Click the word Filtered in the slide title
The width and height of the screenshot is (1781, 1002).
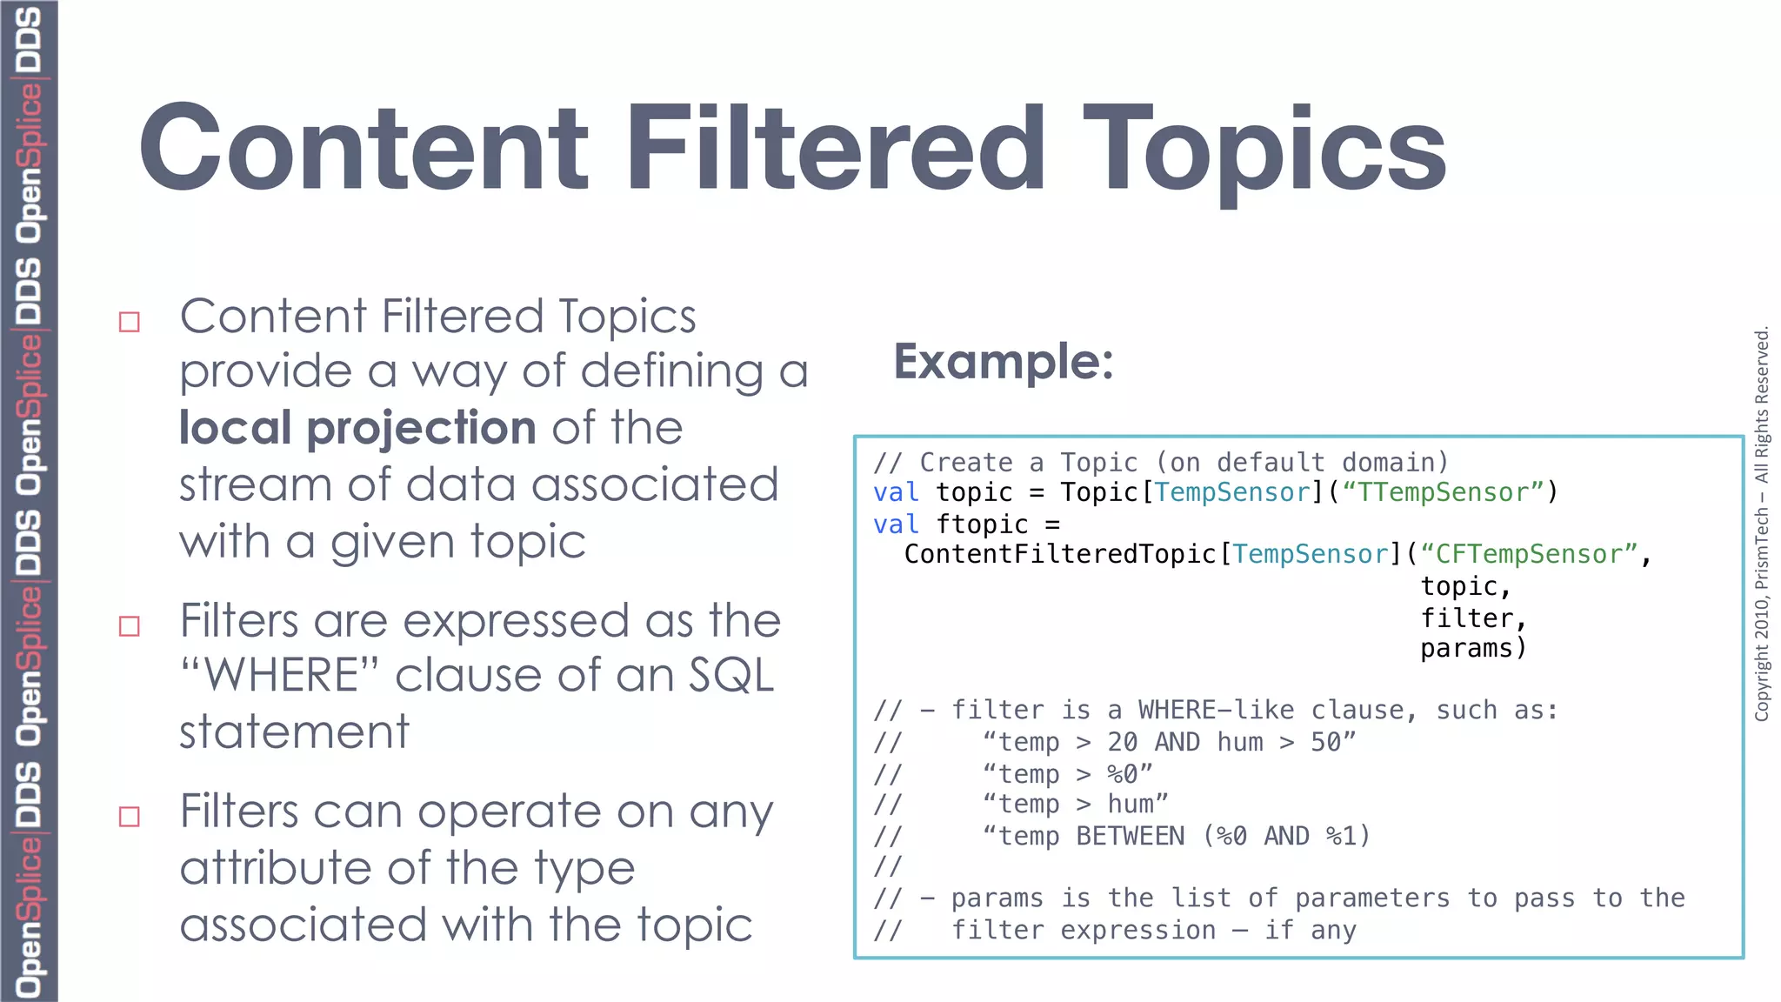click(x=835, y=148)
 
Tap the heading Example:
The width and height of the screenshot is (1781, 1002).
click(x=1004, y=361)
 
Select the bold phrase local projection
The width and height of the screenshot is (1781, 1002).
click(x=357, y=428)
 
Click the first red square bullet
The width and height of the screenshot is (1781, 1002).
click(x=130, y=322)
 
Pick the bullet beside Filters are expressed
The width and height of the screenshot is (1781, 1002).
click(x=130, y=626)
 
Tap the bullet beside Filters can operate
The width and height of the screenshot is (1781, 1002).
click(x=130, y=817)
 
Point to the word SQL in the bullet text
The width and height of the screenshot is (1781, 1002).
click(x=730, y=676)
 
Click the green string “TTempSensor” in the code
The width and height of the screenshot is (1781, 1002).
click(x=1443, y=492)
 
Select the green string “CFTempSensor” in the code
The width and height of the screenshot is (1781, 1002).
click(x=1529, y=554)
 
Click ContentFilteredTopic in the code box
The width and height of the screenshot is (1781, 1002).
click(x=1060, y=554)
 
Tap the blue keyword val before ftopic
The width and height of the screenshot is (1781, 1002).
click(x=896, y=524)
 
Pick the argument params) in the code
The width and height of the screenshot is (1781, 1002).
click(x=1473, y=648)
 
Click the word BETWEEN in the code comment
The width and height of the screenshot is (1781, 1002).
click(x=1130, y=836)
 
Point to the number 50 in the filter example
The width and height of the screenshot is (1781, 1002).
click(x=1326, y=742)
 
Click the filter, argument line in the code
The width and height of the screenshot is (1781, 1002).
click(x=1473, y=618)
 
